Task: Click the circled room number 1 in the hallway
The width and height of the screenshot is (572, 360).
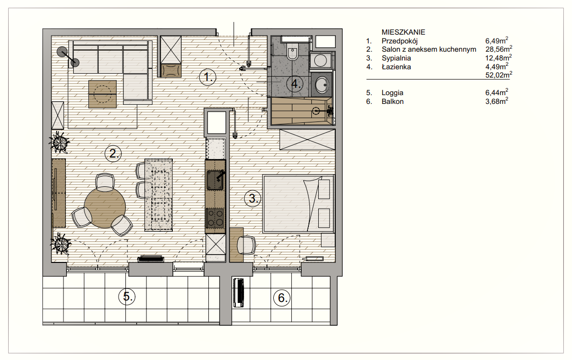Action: pos(207,78)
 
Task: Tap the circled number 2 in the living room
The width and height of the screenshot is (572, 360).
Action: pos(113,154)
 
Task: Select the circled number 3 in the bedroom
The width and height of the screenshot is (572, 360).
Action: pos(252,199)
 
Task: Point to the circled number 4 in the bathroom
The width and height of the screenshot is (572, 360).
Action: pos(295,84)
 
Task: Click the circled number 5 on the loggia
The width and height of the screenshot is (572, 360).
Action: pos(126,297)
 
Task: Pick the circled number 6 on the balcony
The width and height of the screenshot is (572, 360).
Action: pos(282,298)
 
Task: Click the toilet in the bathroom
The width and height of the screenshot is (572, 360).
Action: pos(292,51)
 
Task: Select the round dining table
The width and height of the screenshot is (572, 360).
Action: pos(105,207)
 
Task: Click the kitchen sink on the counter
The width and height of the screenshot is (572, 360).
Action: pos(215,180)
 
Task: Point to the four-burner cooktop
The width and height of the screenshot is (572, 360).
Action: pos(215,218)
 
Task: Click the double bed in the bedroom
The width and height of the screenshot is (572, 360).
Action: pos(298,203)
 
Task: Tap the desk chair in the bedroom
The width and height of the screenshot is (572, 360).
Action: pos(246,245)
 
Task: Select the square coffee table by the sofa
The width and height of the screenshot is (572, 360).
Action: pos(102,94)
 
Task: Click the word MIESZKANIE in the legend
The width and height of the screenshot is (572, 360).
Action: pos(403,32)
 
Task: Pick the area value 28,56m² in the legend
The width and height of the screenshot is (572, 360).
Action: pos(499,49)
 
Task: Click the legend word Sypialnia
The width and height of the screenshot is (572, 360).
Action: pos(396,58)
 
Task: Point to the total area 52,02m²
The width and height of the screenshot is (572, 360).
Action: pos(499,75)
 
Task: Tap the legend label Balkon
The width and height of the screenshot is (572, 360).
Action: pos(392,101)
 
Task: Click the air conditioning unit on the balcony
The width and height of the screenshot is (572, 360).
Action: pos(239,293)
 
